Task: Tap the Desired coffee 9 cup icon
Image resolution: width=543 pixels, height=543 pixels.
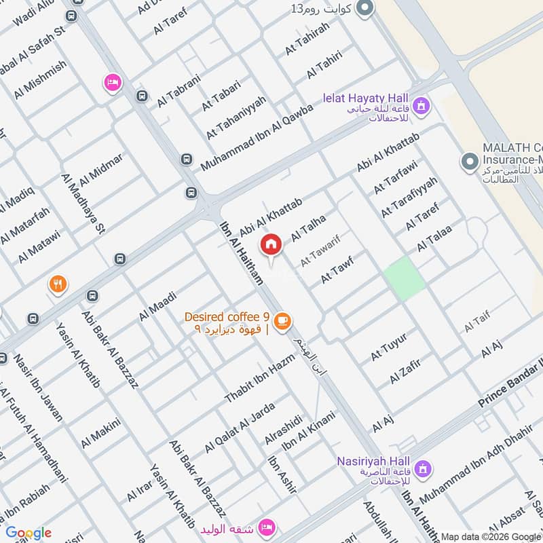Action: pos(282,320)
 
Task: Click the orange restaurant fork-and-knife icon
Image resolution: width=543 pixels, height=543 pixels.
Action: pos(58,284)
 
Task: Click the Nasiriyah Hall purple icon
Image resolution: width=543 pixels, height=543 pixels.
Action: pos(423,468)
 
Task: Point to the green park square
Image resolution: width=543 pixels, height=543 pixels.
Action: pos(405,279)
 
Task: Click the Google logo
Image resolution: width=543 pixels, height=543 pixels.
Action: pos(29,533)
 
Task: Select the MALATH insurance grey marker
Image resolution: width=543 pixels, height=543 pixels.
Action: pos(468,162)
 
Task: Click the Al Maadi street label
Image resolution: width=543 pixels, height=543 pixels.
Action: pos(157,306)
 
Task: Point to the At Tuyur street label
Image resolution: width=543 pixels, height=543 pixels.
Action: pos(388,346)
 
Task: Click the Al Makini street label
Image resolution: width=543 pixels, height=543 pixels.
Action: pos(100,433)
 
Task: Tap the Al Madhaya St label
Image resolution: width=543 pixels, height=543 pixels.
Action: pos(84,202)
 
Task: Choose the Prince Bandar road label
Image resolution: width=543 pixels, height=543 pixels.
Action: pos(509,385)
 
